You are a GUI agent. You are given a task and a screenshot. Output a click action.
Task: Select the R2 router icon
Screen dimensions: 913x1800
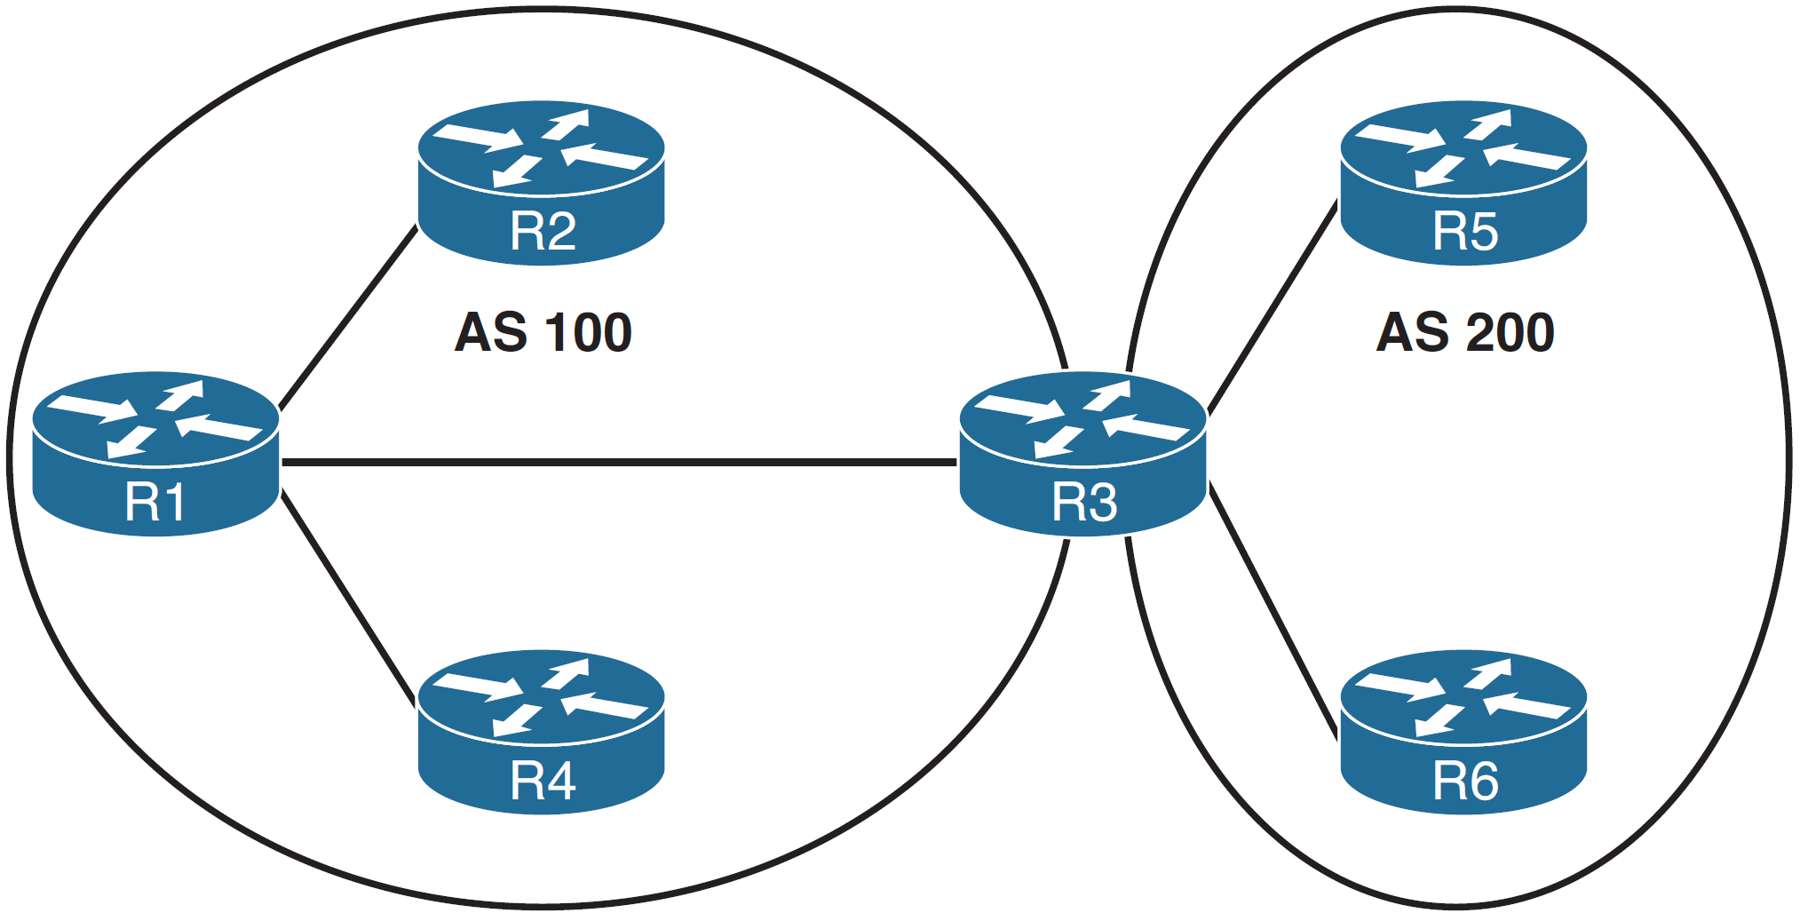click(541, 182)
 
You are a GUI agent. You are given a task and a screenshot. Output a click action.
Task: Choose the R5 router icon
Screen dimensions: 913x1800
click(1463, 182)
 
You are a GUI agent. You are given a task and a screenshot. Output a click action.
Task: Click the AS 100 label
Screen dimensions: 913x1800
click(543, 333)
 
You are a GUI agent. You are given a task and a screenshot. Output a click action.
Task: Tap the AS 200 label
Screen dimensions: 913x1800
click(1464, 333)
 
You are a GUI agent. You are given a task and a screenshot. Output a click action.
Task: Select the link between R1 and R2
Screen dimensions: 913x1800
click(348, 317)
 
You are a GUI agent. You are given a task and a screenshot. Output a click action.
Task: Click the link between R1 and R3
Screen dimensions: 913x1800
click(619, 462)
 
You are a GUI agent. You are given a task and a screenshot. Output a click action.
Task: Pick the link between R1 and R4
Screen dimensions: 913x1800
click(348, 598)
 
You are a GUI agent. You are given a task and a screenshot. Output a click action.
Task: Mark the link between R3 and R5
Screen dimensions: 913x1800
click(1272, 307)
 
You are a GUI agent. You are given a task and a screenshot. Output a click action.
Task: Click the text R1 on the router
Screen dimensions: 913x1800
click(155, 503)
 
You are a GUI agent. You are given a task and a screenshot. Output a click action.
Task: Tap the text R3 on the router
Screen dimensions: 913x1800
click(1083, 503)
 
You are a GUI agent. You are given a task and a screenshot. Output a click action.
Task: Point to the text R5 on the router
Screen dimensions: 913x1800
click(1464, 232)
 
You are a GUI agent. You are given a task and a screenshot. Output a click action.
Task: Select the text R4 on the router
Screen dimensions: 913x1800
click(543, 782)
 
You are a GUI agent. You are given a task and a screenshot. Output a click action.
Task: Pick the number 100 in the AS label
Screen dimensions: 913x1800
click(588, 333)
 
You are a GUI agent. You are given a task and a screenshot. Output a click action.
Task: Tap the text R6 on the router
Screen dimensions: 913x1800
click(1464, 782)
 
